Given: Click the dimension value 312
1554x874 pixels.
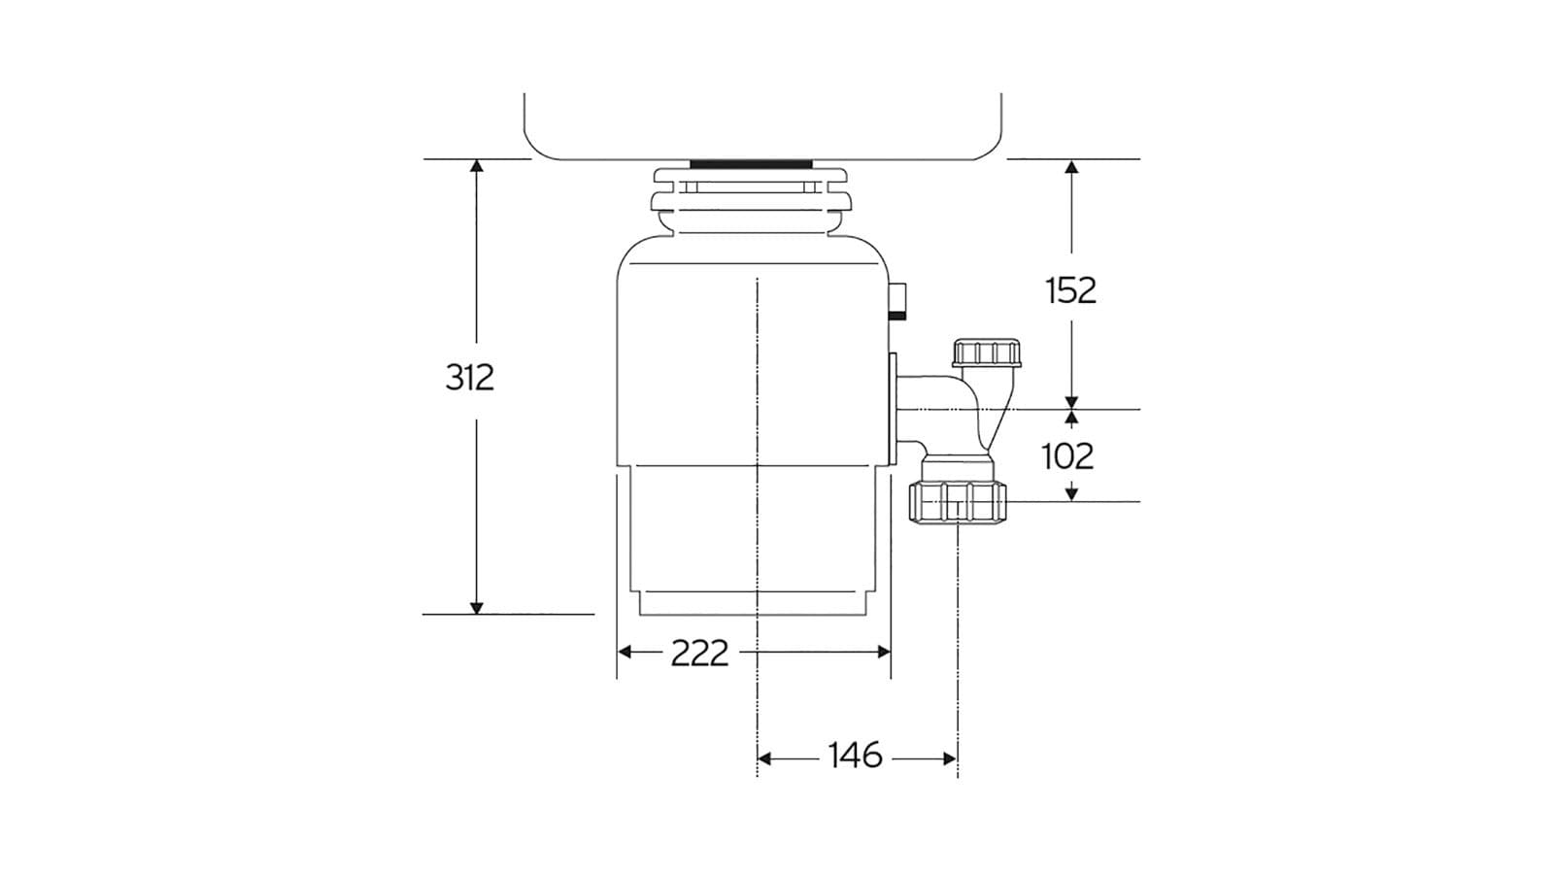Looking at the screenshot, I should point(470,377).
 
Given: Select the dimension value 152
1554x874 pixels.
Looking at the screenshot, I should point(1070,290).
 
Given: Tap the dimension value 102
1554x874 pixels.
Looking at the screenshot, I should point(1067,455).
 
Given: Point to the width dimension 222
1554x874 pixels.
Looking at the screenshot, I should point(699,653).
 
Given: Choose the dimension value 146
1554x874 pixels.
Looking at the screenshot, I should point(855,756).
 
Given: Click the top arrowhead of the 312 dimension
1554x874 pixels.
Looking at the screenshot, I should point(476,166).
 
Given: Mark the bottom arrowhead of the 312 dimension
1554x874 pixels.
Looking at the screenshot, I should point(476,607).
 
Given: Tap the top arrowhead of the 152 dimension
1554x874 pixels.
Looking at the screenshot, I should point(1071,167).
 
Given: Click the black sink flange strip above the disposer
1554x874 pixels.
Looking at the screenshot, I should point(752,163).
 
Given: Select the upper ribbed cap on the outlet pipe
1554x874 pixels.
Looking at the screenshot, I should point(987,353).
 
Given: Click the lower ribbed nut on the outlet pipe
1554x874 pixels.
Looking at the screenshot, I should point(959,502).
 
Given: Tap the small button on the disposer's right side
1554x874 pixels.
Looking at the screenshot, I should point(900,301).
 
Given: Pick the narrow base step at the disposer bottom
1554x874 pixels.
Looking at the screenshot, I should point(754,604).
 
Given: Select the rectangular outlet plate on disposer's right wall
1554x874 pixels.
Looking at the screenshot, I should point(891,408).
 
